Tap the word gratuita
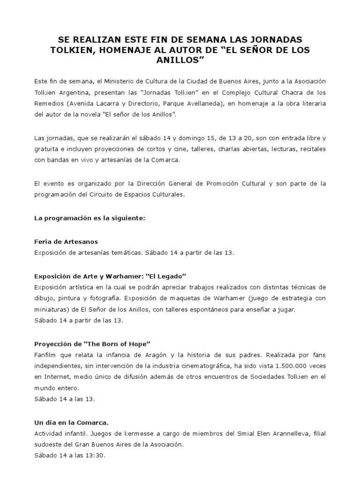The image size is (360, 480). pyautogui.click(x=47, y=149)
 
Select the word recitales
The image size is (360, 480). pyautogui.click(x=310, y=149)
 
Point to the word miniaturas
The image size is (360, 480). pyautogui.click(x=51, y=309)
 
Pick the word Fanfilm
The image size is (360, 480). pyautogui.click(x=46, y=355)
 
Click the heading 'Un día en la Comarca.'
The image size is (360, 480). pyautogui.click(x=72, y=422)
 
